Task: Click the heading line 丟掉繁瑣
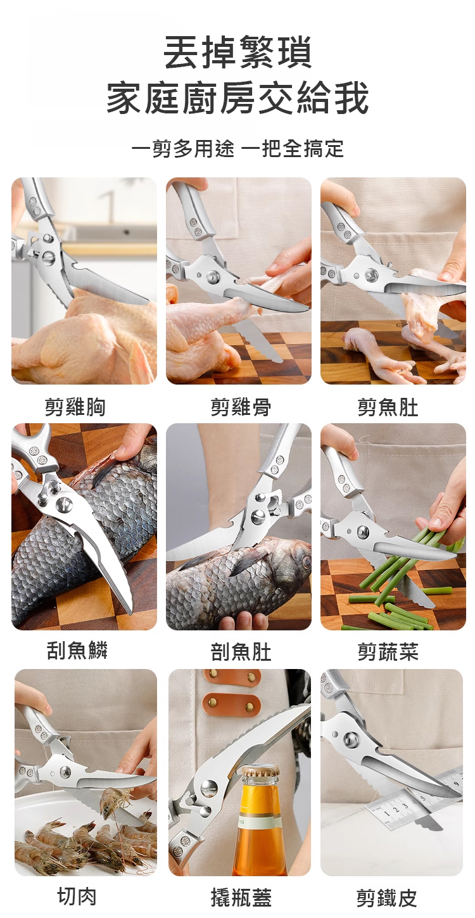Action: (x=237, y=53)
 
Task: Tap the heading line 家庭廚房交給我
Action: (x=237, y=98)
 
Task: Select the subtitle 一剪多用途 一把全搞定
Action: (x=237, y=148)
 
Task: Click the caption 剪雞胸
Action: (x=75, y=407)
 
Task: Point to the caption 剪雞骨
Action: (x=241, y=407)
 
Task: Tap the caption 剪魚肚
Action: (x=388, y=407)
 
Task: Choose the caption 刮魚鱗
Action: (x=77, y=650)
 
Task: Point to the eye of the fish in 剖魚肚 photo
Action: (x=305, y=562)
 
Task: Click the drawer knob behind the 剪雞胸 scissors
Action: (x=127, y=233)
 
